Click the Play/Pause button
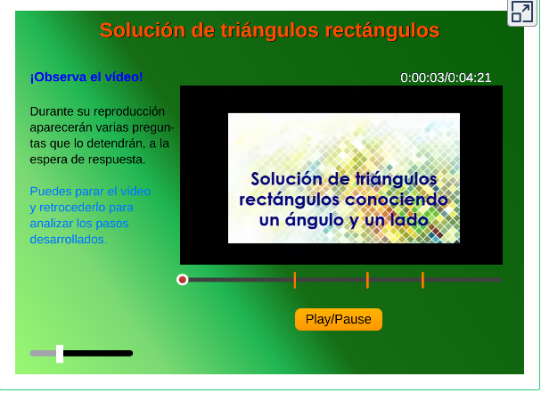[339, 319]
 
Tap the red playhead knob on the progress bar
[183, 280]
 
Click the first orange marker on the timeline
[295, 280]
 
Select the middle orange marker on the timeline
[367, 280]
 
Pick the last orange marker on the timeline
[422, 280]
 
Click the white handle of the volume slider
[60, 354]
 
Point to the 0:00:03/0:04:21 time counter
[446, 78]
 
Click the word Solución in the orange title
[143, 30]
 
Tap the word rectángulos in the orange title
[382, 30]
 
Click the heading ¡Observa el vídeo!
[86, 77]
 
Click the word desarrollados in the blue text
[68, 239]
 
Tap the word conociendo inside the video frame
[396, 200]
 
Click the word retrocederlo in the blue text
[86, 208]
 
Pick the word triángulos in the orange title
[270, 30]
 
